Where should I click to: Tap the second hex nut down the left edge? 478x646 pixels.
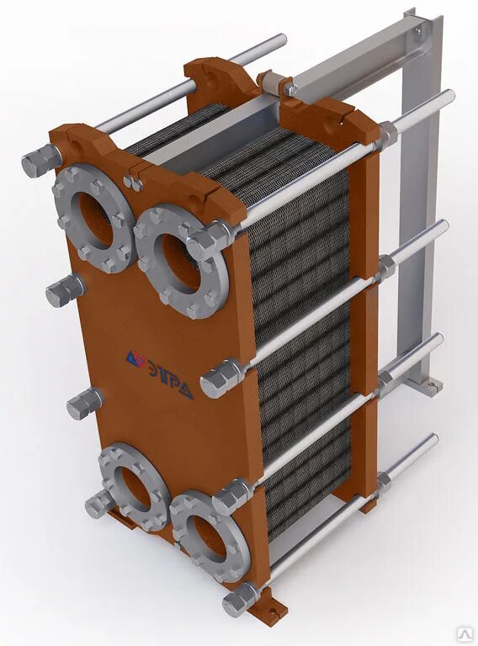click(x=64, y=290)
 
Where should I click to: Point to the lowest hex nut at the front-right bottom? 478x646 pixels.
click(x=238, y=599)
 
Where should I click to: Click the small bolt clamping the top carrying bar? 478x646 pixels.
click(x=289, y=87)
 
